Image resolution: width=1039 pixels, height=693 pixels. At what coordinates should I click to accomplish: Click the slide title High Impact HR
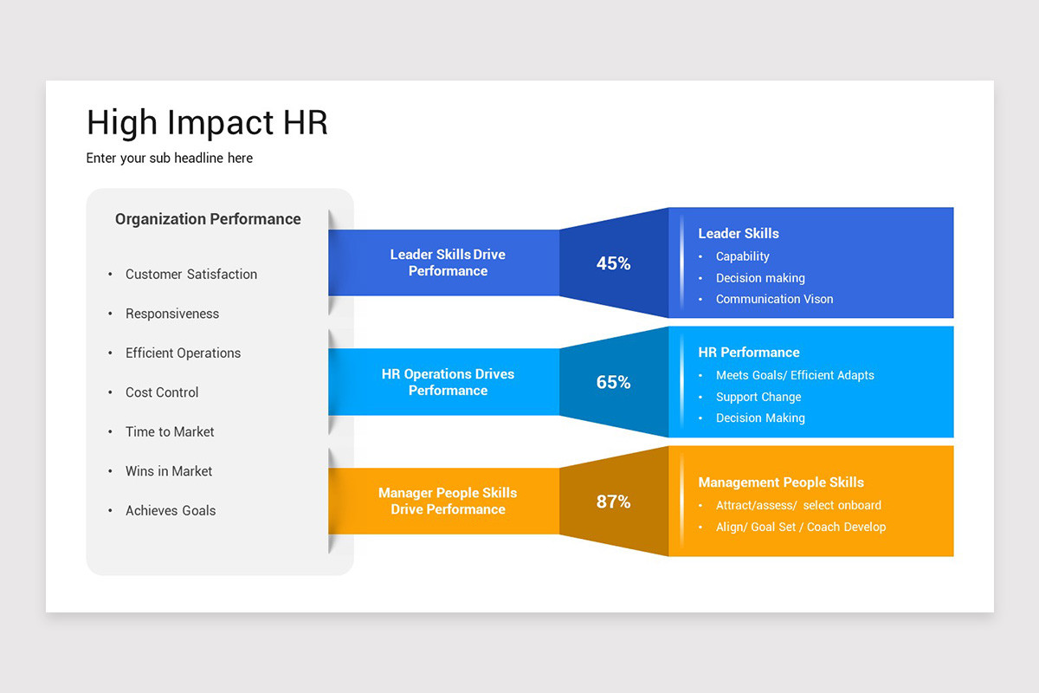click(207, 123)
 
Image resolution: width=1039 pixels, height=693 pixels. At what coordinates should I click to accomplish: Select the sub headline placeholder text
click(170, 159)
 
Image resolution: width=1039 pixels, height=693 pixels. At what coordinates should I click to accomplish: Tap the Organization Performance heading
click(208, 219)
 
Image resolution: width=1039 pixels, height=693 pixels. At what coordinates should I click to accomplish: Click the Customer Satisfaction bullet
click(191, 275)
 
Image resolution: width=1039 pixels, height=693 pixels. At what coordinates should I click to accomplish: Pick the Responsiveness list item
click(172, 314)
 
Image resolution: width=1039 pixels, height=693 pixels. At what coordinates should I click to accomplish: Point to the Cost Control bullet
click(162, 392)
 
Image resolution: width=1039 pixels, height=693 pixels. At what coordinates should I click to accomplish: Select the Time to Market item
click(170, 431)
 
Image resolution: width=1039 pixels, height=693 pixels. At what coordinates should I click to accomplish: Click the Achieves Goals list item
click(171, 510)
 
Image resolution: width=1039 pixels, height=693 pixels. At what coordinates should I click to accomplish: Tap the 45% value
click(613, 263)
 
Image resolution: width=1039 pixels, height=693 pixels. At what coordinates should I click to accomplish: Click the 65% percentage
click(613, 382)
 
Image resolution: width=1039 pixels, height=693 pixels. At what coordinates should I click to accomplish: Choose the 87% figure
click(613, 502)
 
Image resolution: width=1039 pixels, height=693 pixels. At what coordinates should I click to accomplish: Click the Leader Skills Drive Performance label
click(448, 262)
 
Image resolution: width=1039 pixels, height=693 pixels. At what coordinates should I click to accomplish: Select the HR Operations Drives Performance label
click(448, 382)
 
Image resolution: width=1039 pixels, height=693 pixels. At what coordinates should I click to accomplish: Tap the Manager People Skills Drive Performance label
click(448, 501)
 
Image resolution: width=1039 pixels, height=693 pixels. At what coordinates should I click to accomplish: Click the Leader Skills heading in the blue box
click(739, 234)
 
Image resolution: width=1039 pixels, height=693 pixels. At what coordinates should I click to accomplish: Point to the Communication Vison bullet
click(774, 299)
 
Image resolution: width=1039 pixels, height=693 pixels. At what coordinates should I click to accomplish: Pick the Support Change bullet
click(758, 397)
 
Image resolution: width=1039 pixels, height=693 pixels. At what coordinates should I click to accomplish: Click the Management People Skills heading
click(781, 483)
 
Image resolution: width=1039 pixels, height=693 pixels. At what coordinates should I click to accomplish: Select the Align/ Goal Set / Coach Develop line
click(801, 527)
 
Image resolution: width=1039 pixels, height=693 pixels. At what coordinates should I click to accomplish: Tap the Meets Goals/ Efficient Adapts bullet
click(795, 375)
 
